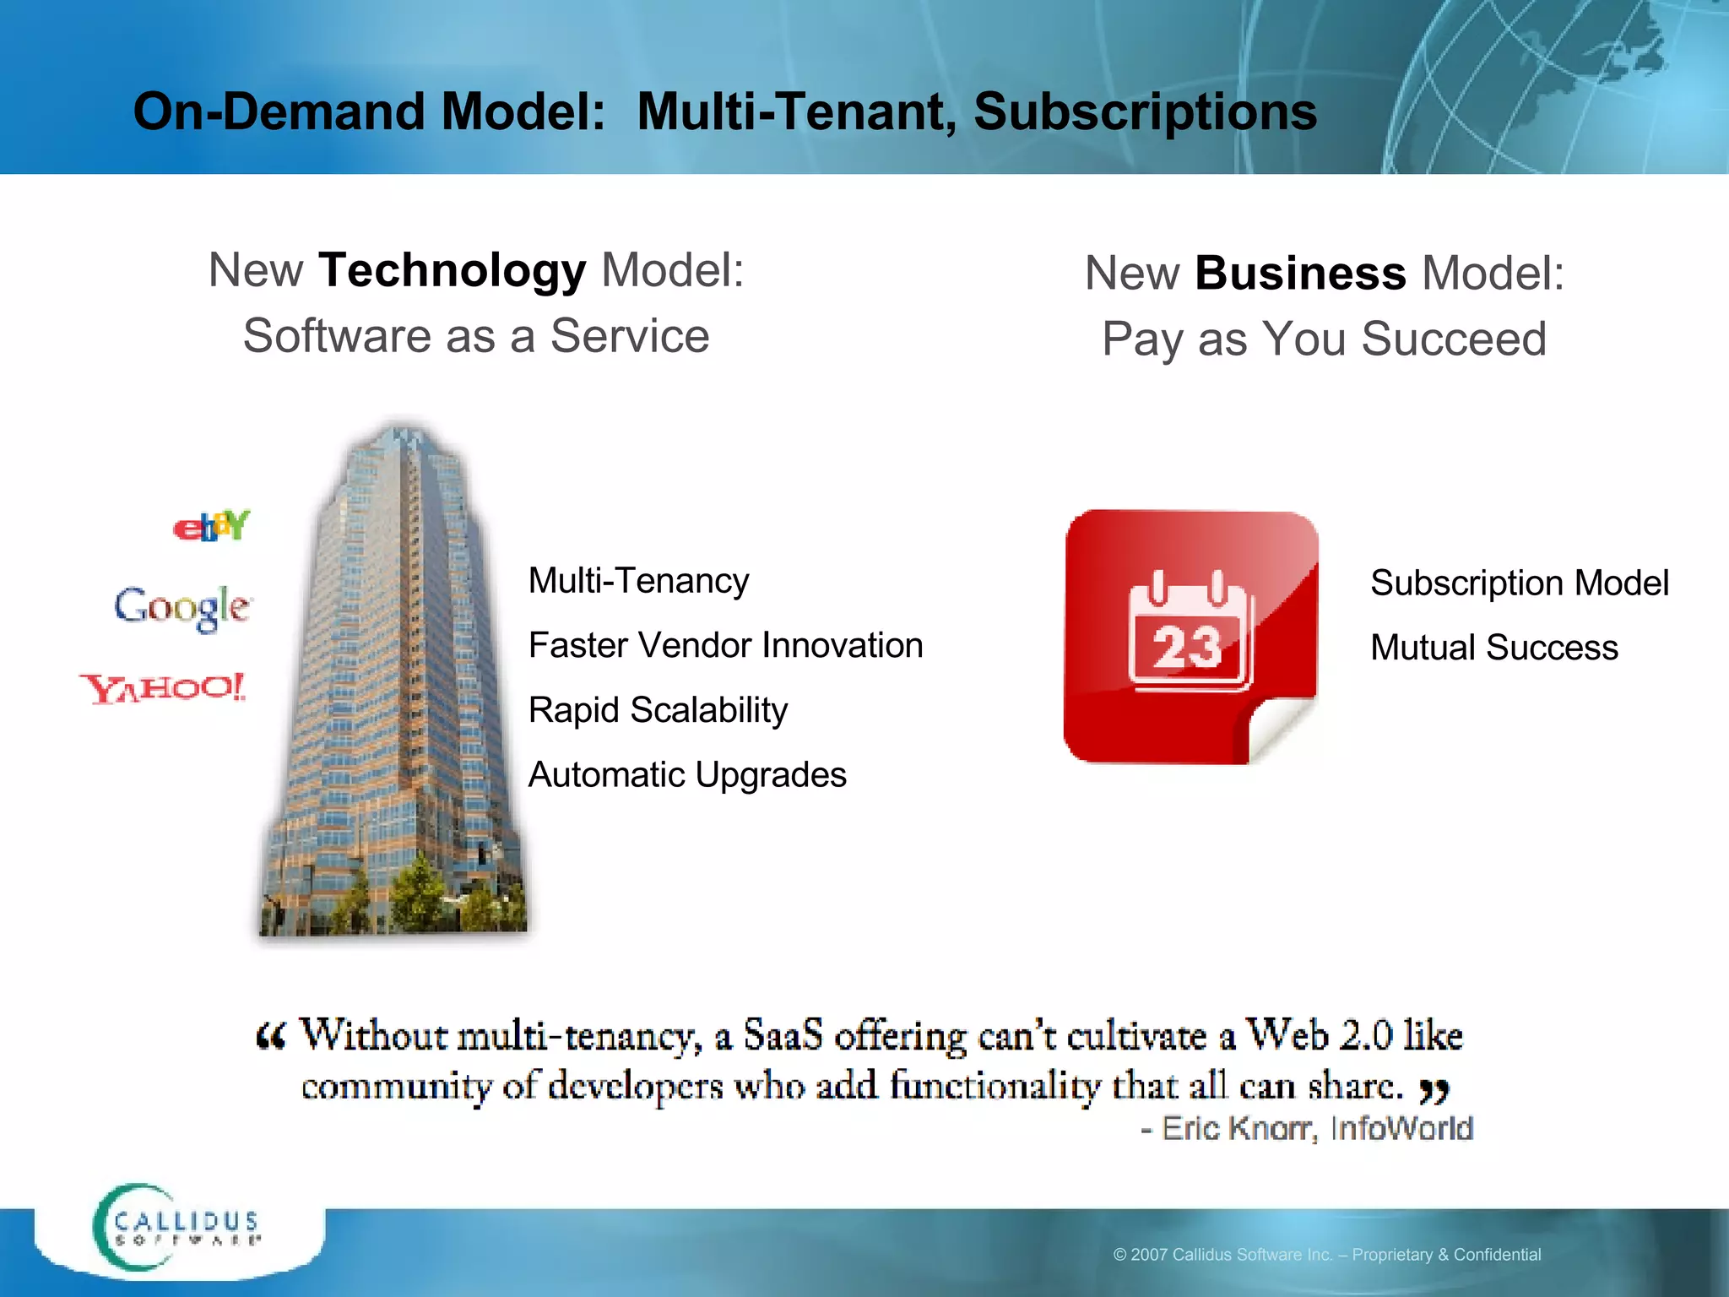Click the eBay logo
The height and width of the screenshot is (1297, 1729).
click(x=211, y=526)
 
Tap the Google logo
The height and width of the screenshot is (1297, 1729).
click(x=182, y=606)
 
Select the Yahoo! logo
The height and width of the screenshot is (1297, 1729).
click(x=163, y=688)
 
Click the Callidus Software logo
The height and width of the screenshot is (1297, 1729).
click(x=177, y=1228)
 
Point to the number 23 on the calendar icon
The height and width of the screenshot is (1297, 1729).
click(x=1187, y=648)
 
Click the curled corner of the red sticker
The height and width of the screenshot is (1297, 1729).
click(x=1275, y=726)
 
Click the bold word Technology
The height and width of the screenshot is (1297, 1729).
click(x=452, y=270)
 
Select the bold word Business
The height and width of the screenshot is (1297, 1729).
click(x=1300, y=274)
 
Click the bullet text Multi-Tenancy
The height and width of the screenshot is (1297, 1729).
click(x=638, y=581)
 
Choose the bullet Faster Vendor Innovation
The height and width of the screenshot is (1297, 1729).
click(x=725, y=645)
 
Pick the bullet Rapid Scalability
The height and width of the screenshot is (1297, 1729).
click(x=658, y=710)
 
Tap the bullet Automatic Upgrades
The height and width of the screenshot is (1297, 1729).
click(x=686, y=774)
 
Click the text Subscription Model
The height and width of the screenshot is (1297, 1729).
click(x=1519, y=583)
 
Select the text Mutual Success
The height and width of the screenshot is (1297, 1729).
click(x=1493, y=648)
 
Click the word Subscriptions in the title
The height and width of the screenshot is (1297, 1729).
click(x=1145, y=111)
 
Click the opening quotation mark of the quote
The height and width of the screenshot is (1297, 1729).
click(x=271, y=1036)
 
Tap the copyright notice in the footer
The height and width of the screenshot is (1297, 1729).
click(x=1326, y=1255)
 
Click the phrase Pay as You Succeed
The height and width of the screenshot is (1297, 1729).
click(x=1324, y=339)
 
